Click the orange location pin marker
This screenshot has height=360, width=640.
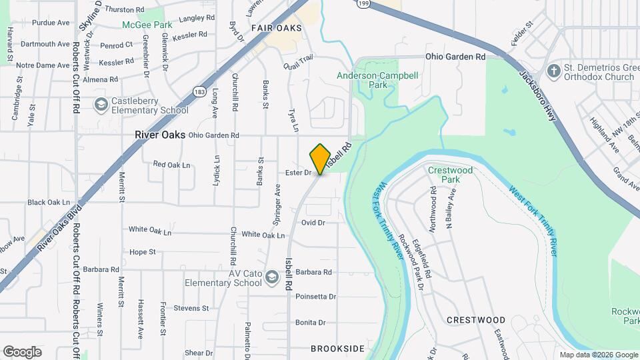click(321, 159)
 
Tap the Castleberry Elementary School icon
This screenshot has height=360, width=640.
click(101, 105)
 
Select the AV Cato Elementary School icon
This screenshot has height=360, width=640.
click(271, 277)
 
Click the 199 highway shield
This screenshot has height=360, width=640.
click(362, 3)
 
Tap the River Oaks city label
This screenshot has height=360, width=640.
click(159, 135)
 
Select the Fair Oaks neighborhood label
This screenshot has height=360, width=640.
click(276, 28)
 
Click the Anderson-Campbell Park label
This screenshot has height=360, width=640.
click(377, 80)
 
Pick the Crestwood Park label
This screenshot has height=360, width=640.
click(451, 175)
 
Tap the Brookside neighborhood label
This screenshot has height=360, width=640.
click(337, 349)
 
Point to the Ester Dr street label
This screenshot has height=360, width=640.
click(298, 173)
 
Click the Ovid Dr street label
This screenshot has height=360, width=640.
click(313, 223)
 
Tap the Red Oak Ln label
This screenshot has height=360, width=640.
click(171, 164)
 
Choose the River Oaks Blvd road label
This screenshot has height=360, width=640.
click(60, 227)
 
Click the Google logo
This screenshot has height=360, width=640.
click(22, 352)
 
